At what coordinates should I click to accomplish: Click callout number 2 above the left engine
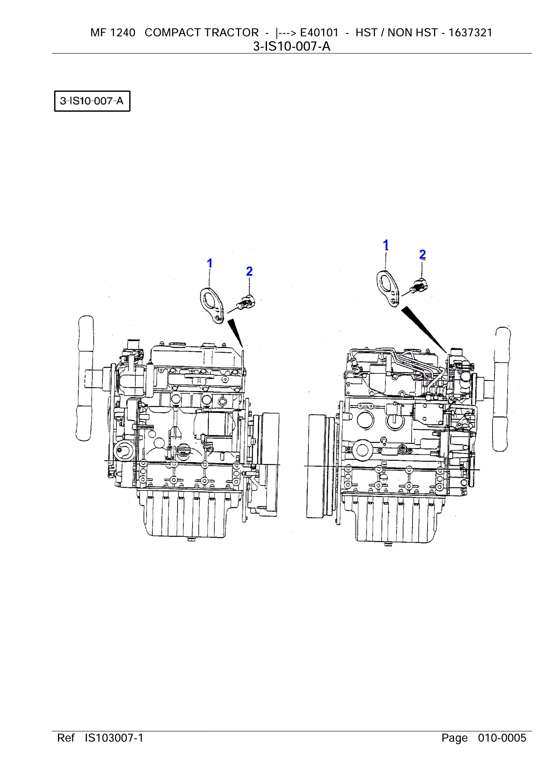click(249, 271)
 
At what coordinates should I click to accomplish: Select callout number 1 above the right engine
click(386, 245)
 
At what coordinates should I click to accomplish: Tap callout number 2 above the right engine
click(422, 255)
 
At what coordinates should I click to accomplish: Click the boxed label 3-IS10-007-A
click(92, 101)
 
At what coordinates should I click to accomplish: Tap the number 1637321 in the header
click(470, 32)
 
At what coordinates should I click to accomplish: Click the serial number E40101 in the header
click(319, 32)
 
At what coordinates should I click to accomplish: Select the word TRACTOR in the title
click(231, 32)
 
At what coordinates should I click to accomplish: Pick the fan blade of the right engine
click(502, 389)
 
